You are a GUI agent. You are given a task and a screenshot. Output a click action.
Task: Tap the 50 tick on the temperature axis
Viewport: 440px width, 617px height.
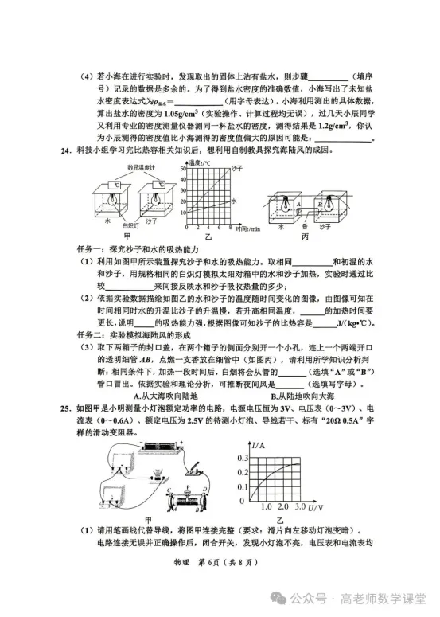click(x=185, y=168)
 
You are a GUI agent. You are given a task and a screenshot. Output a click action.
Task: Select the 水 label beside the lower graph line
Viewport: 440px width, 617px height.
click(x=235, y=201)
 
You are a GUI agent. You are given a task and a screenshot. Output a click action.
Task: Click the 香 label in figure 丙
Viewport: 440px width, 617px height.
click(x=304, y=226)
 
